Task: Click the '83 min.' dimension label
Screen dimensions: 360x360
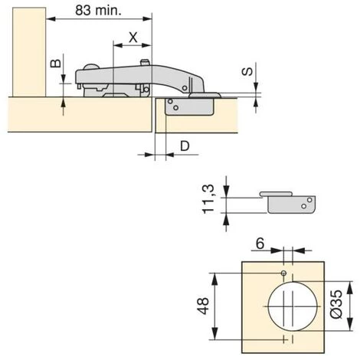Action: point(100,11)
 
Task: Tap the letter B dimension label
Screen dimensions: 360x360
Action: point(54,64)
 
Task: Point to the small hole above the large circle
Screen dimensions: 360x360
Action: point(283,273)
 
